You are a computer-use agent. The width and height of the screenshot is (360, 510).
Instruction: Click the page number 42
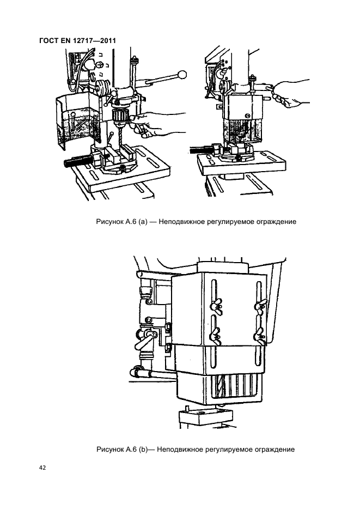42,467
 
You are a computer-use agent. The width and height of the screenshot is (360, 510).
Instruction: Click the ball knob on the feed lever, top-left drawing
182,75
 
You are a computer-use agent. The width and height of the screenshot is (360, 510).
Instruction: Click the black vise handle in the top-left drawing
80,162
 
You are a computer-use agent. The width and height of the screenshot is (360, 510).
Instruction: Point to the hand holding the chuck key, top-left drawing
156,123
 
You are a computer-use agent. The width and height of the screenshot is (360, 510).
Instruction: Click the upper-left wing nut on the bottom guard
216,306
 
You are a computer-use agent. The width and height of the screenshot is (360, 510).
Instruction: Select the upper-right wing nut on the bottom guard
261,306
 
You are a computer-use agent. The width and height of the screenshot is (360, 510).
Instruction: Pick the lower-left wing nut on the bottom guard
216,333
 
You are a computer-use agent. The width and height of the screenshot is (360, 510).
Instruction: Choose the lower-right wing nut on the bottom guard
260,334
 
